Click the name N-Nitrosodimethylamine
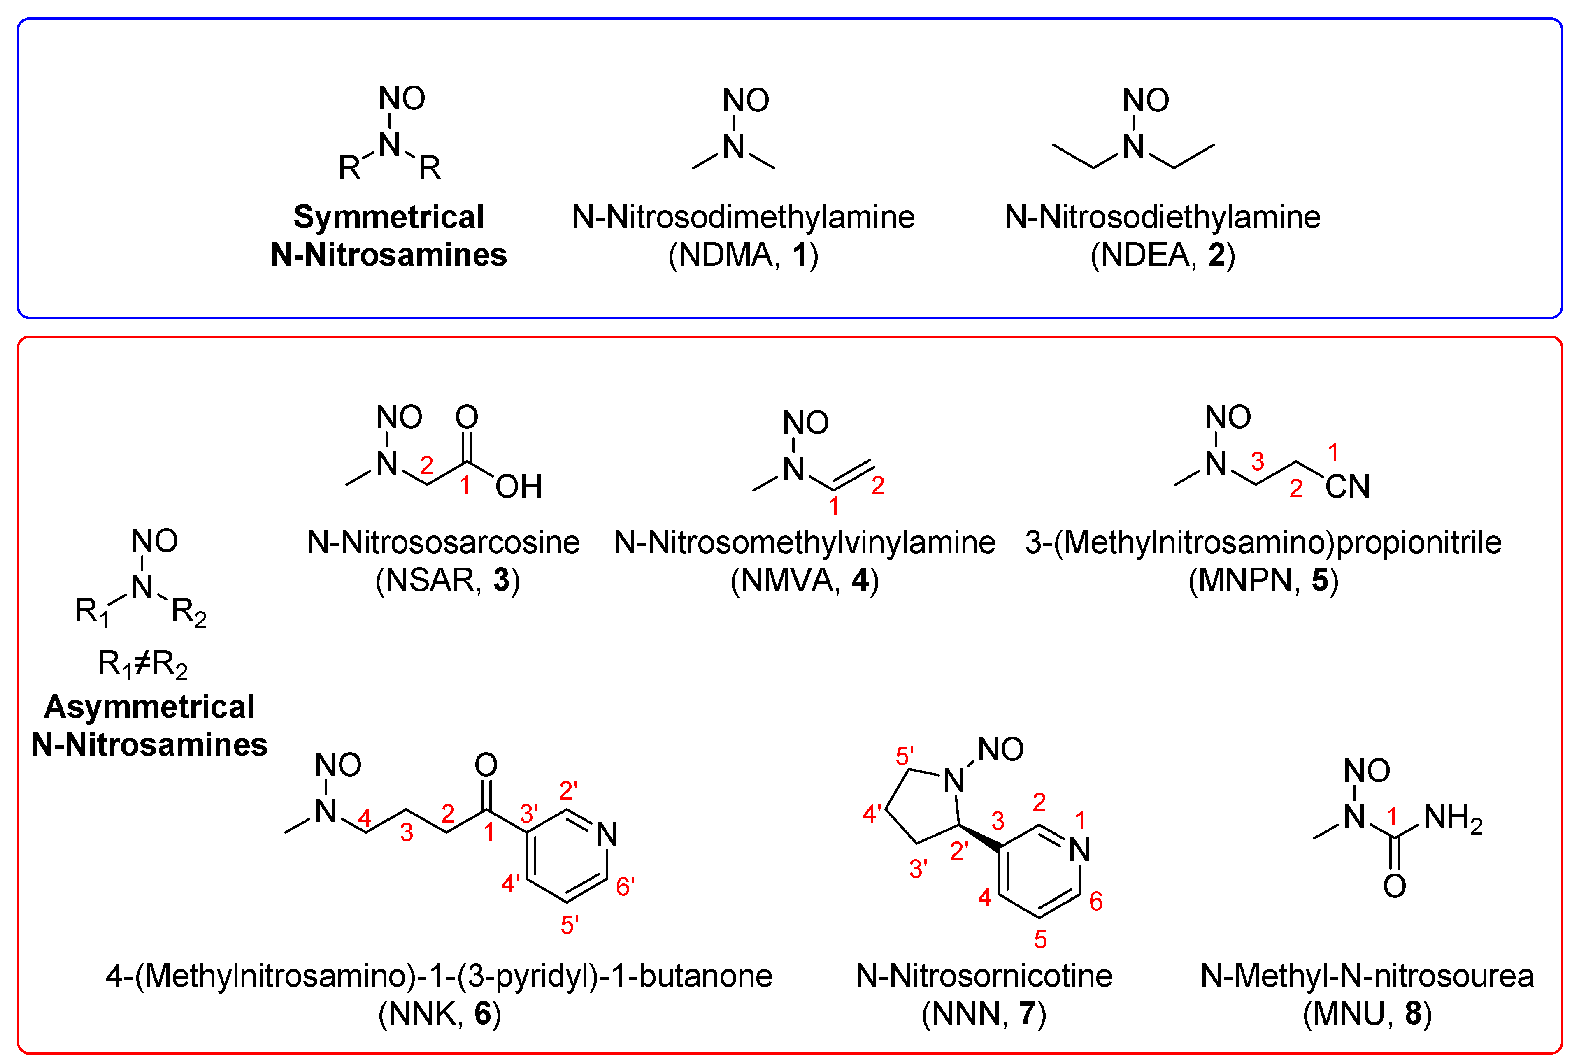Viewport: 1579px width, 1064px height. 743,217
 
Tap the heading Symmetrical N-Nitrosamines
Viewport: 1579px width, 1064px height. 388,236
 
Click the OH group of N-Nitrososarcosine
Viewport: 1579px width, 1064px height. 519,487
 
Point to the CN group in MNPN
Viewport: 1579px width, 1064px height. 1347,487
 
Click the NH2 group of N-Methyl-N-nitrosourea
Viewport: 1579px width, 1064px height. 1453,818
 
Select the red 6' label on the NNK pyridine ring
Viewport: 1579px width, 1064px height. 625,886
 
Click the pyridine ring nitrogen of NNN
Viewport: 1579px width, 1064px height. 1079,850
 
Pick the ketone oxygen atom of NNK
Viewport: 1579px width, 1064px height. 486,765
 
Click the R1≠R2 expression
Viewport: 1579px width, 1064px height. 142,664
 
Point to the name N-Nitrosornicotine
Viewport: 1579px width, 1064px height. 984,976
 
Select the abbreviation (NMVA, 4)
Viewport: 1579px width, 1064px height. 805,580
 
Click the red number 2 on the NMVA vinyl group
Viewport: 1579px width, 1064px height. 878,486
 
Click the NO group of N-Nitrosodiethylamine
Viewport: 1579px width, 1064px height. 1146,100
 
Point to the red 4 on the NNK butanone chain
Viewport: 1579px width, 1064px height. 365,818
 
